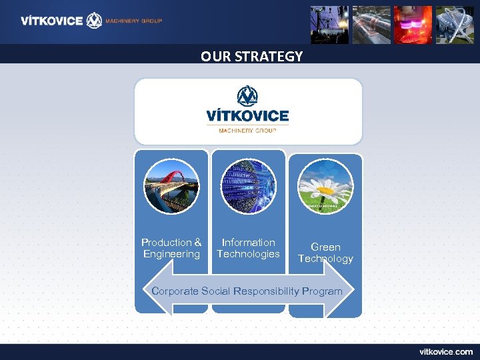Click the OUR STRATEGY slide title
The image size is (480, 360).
251,57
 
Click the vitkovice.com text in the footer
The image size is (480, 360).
446,351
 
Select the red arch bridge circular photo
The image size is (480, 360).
172,187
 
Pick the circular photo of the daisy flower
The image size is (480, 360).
325,187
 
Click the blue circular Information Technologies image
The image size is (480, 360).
248,187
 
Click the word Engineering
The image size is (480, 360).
171,254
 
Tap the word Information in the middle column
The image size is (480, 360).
248,243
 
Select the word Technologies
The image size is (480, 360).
248,254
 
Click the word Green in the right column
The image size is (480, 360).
325,247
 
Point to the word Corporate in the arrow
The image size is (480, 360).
175,291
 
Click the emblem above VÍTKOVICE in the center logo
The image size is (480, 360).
248,97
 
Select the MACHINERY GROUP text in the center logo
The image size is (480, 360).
247,131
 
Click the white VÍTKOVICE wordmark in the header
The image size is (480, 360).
51,21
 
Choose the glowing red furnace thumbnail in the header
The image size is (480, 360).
413,25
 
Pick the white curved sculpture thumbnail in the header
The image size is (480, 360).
454,25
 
